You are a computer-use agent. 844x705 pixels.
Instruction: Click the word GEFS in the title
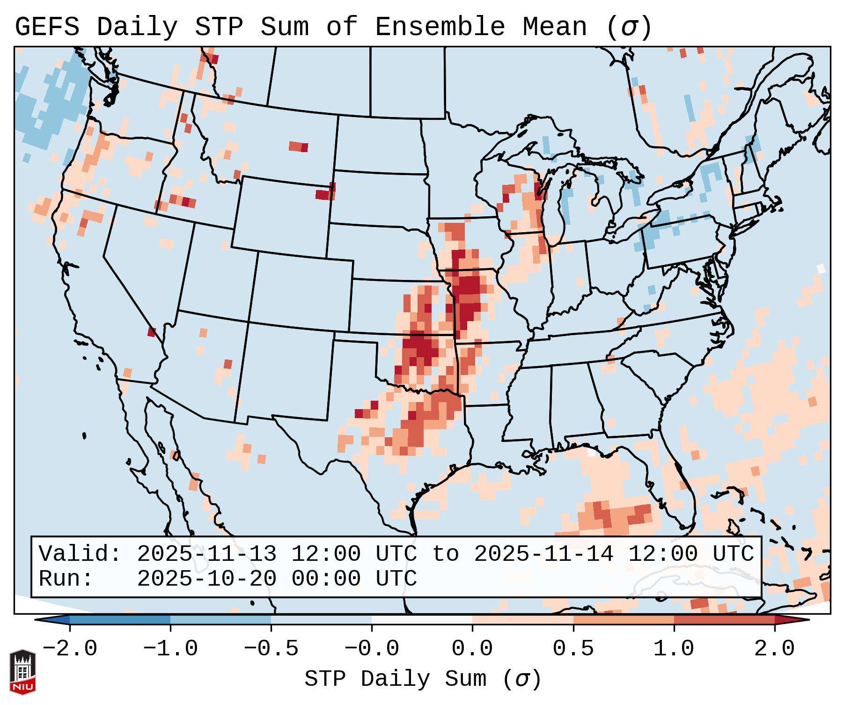pos(47,27)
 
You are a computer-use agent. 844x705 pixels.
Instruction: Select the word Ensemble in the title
pos(440,27)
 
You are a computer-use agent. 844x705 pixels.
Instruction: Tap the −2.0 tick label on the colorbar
pos(70,649)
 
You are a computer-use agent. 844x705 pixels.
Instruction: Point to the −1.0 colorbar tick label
pos(170,649)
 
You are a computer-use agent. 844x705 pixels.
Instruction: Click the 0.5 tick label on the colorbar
pos(573,649)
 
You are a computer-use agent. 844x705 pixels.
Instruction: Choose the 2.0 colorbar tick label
pos(775,649)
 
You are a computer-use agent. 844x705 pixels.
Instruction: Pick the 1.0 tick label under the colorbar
pos(674,649)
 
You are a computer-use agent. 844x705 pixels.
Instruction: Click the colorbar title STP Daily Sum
pos(395,679)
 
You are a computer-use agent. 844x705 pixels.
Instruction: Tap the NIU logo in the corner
pos(22,672)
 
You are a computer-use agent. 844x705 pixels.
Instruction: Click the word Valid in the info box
pos(80,554)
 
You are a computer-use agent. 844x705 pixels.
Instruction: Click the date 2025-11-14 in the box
pos(543,554)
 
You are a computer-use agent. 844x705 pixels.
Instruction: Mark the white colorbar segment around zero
pos(422,620)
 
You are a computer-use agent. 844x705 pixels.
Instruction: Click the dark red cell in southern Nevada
pos(151,332)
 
